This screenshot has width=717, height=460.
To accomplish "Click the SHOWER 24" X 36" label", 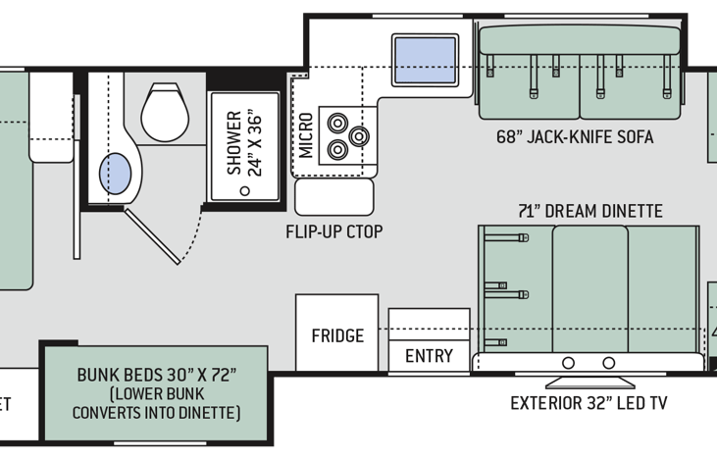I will pyautogui.click(x=242, y=142).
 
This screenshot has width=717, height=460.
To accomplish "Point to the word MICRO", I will pyautogui.click(x=306, y=135).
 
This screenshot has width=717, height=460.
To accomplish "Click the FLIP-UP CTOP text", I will pyautogui.click(x=334, y=232).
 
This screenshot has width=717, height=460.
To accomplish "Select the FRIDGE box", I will pyautogui.click(x=337, y=335).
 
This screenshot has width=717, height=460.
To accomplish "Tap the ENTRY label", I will pyautogui.click(x=429, y=355).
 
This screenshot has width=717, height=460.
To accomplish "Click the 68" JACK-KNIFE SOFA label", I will pyautogui.click(x=574, y=137).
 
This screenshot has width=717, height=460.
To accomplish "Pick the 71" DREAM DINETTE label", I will pyautogui.click(x=590, y=211).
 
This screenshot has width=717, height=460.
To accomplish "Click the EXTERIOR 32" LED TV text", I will pyautogui.click(x=589, y=403).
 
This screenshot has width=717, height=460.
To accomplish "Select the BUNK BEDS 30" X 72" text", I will pyautogui.click(x=157, y=376).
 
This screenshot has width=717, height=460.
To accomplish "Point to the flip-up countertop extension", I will pyautogui.click(x=334, y=196).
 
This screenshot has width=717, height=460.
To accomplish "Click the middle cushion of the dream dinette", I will pyautogui.click(x=589, y=289).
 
